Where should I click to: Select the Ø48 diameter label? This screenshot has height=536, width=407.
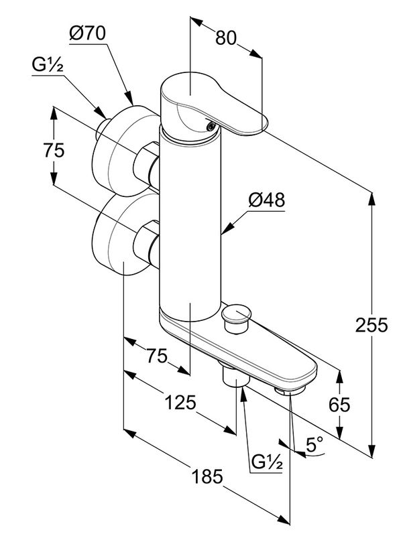266,200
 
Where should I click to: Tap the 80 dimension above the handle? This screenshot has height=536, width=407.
227,38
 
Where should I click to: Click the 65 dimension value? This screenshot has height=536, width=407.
339,405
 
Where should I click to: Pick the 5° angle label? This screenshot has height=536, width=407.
314,443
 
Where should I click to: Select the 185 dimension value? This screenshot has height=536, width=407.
206,476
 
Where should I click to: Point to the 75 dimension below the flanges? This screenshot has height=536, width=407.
157,355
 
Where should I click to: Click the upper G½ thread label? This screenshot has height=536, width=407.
48,66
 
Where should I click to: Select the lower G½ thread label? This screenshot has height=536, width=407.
267,462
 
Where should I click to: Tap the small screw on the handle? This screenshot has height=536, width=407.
211,125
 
